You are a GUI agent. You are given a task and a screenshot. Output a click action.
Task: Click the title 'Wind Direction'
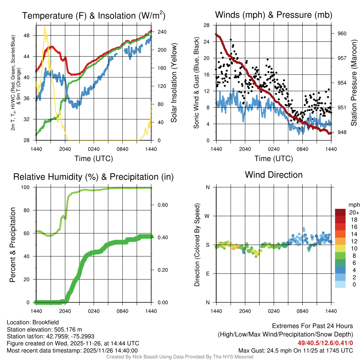pos(274,175)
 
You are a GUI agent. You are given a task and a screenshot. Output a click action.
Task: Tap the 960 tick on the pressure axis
pos(342,33)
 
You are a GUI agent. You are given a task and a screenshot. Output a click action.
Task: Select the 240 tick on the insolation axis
pos(162,32)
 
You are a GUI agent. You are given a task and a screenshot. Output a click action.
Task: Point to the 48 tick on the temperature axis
pos(30,36)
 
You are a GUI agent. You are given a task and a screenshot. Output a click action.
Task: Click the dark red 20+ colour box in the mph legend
pos(341,212)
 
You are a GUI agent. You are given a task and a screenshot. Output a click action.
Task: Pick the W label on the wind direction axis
pos(208,216)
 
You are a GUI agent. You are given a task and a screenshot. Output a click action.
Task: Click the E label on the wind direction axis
pos(208,274)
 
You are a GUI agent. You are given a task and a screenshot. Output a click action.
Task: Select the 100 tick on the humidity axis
pos(29,187)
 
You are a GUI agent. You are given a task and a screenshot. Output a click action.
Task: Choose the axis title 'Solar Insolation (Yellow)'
pos(174,83)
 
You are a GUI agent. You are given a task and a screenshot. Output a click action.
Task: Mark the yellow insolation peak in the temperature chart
pos(45,26)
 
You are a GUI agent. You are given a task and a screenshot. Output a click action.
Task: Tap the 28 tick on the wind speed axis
pos(207,25)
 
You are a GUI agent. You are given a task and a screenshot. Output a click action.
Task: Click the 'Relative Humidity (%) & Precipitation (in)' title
pos(93,177)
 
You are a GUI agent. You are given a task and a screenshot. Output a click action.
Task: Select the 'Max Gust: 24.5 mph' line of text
pos(295,351)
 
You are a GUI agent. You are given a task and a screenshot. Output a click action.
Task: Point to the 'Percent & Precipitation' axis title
pos(13,244)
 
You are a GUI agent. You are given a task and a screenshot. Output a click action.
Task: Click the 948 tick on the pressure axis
pos(342,132)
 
